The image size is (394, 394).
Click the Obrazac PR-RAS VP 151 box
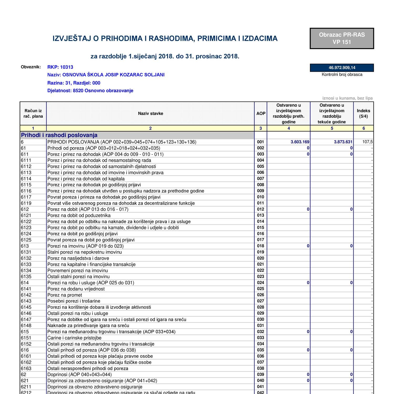click(x=342, y=39)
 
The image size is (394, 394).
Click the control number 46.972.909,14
click(x=342, y=68)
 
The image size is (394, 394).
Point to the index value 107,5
click(x=367, y=142)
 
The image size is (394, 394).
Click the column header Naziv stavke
click(x=151, y=113)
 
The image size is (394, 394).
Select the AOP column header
click(x=261, y=113)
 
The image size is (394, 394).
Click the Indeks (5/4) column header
click(x=364, y=113)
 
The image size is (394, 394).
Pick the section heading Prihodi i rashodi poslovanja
click(x=59, y=135)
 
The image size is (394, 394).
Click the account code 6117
click(x=26, y=197)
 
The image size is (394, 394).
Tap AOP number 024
click(x=260, y=283)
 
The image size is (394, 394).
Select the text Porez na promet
click(x=65, y=295)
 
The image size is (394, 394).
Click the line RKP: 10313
click(x=60, y=67)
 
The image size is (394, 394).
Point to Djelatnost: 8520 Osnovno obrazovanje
click(x=90, y=91)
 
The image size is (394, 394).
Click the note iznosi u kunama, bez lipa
click(x=347, y=98)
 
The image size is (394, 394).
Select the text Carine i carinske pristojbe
click(x=74, y=338)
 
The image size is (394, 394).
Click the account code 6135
click(x=26, y=277)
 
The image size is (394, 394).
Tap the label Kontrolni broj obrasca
click(x=342, y=75)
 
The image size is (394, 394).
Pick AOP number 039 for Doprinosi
click(x=260, y=374)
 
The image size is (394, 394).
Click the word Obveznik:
click(x=31, y=67)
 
